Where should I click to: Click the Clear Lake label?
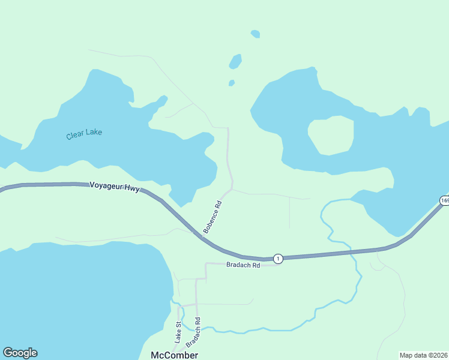[84, 134]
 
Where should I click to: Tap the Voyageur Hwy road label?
[114, 187]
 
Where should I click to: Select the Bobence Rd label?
[212, 217]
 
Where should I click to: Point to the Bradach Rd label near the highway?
[243, 265]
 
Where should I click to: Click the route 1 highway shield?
[277, 258]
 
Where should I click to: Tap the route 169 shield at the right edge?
[444, 200]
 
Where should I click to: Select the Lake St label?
[178, 332]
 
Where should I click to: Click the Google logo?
[20, 353]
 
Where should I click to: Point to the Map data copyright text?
[423, 355]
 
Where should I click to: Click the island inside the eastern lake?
[330, 135]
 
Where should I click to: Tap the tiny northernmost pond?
[256, 34]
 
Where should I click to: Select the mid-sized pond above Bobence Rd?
[235, 61]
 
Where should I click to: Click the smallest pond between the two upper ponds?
[232, 83]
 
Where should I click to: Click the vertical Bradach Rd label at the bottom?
[193, 332]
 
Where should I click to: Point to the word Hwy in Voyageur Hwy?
[131, 188]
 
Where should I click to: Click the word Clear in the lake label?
[74, 136]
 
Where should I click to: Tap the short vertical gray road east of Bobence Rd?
[290, 212]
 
